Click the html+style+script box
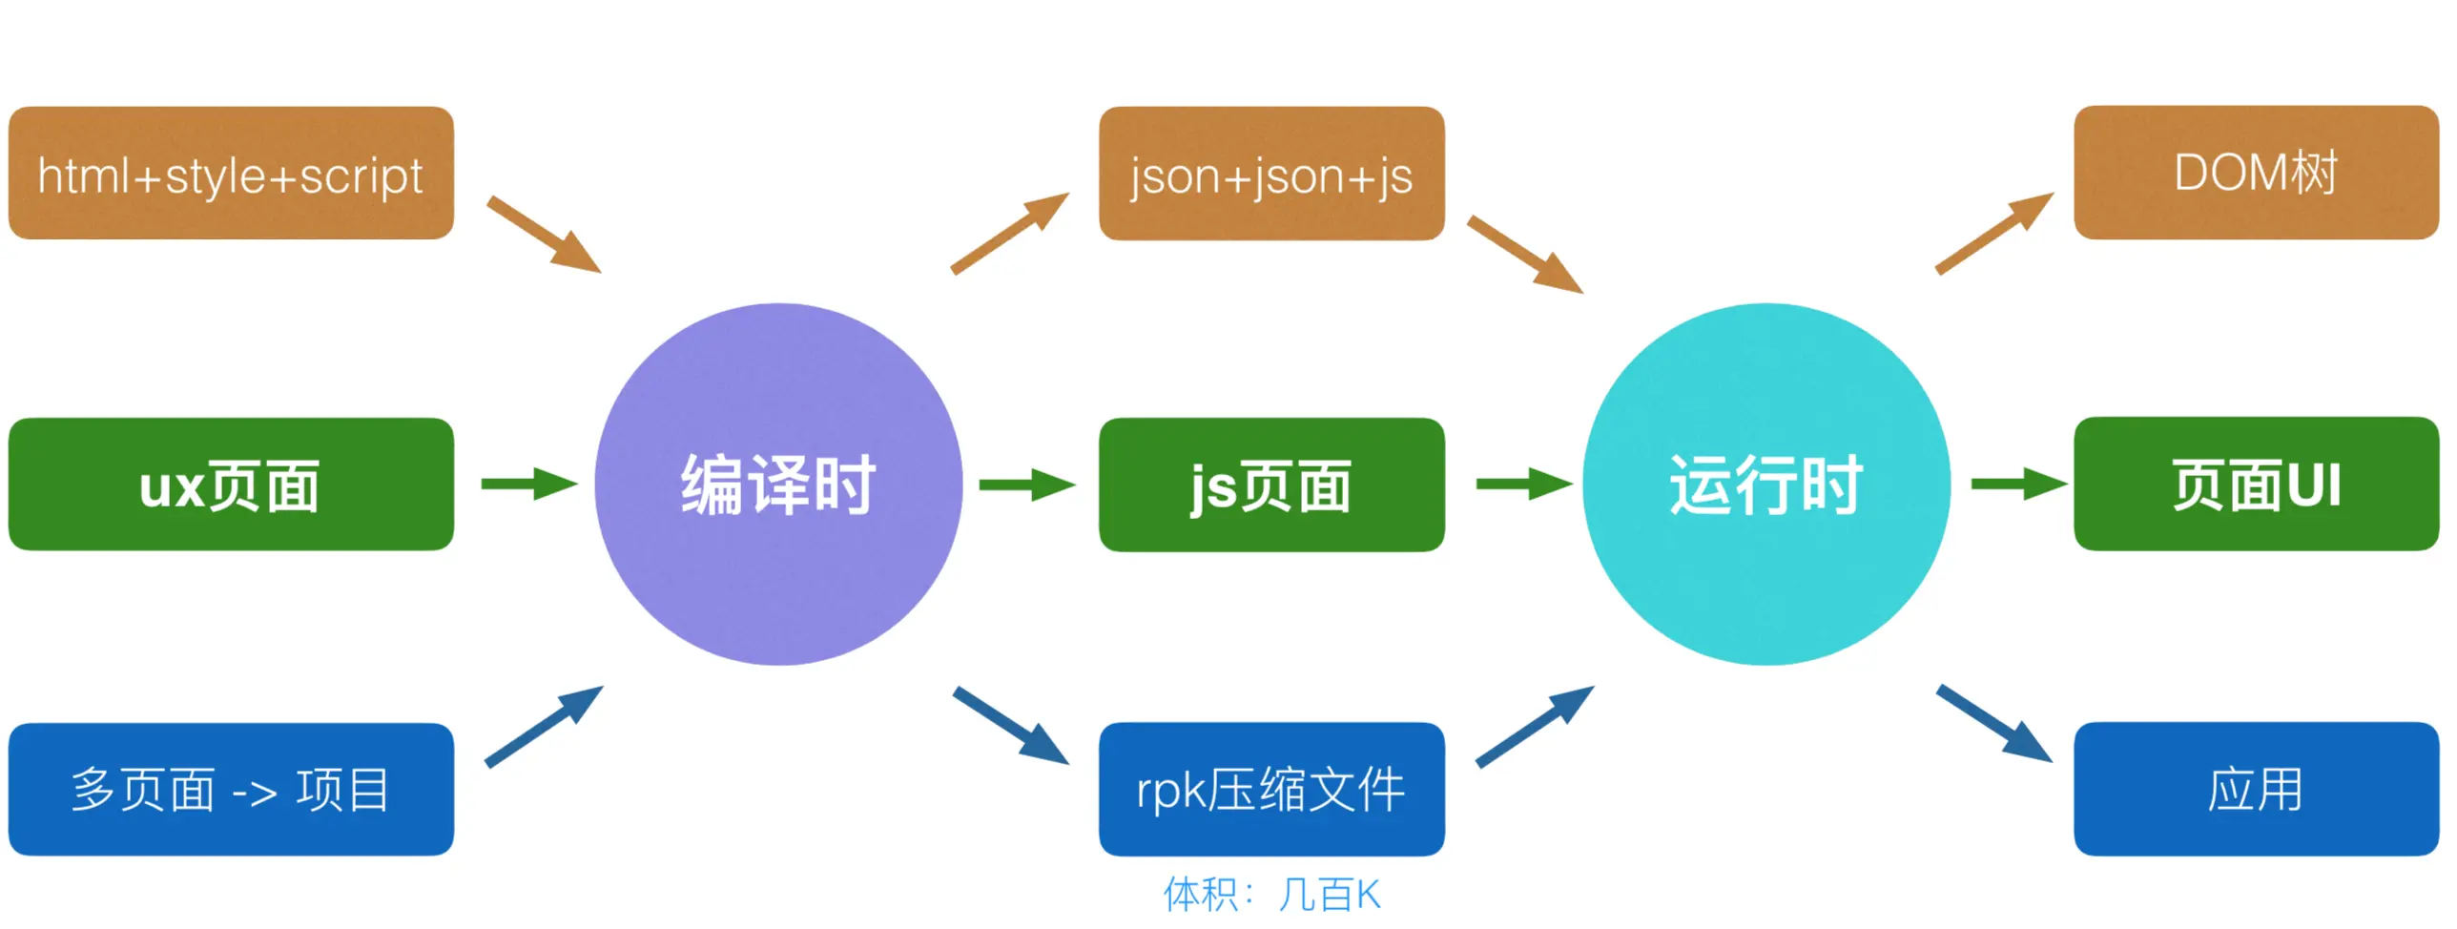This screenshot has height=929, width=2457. pos(231,173)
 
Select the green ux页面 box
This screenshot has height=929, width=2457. pos(231,484)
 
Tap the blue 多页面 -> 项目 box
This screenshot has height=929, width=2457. pos(231,789)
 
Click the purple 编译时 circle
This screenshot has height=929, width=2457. pos(778,484)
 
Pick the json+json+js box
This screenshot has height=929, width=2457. pos(1271,173)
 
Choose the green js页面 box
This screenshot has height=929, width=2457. pos(1271,484)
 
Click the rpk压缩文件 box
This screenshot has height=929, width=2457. pos(1271,789)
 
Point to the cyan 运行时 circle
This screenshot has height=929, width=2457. pos(1765,484)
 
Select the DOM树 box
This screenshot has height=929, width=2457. pos(2256,173)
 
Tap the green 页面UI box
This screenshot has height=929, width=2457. pos(2256,484)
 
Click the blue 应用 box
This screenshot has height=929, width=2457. pos(2256,789)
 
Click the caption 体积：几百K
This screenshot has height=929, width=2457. pos(1271,894)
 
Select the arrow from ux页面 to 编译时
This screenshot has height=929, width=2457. pos(529,484)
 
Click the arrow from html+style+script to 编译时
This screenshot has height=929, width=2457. pos(544,235)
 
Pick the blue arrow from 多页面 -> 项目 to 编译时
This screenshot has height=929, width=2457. pos(544,726)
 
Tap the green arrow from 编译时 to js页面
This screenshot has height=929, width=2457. pos(1027,485)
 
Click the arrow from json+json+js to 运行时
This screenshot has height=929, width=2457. pos(1524,254)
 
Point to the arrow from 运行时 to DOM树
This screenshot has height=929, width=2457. pos(1993,234)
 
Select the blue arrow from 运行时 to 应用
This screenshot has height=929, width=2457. pos(1993,723)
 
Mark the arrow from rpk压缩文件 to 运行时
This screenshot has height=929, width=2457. pos(1534,726)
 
